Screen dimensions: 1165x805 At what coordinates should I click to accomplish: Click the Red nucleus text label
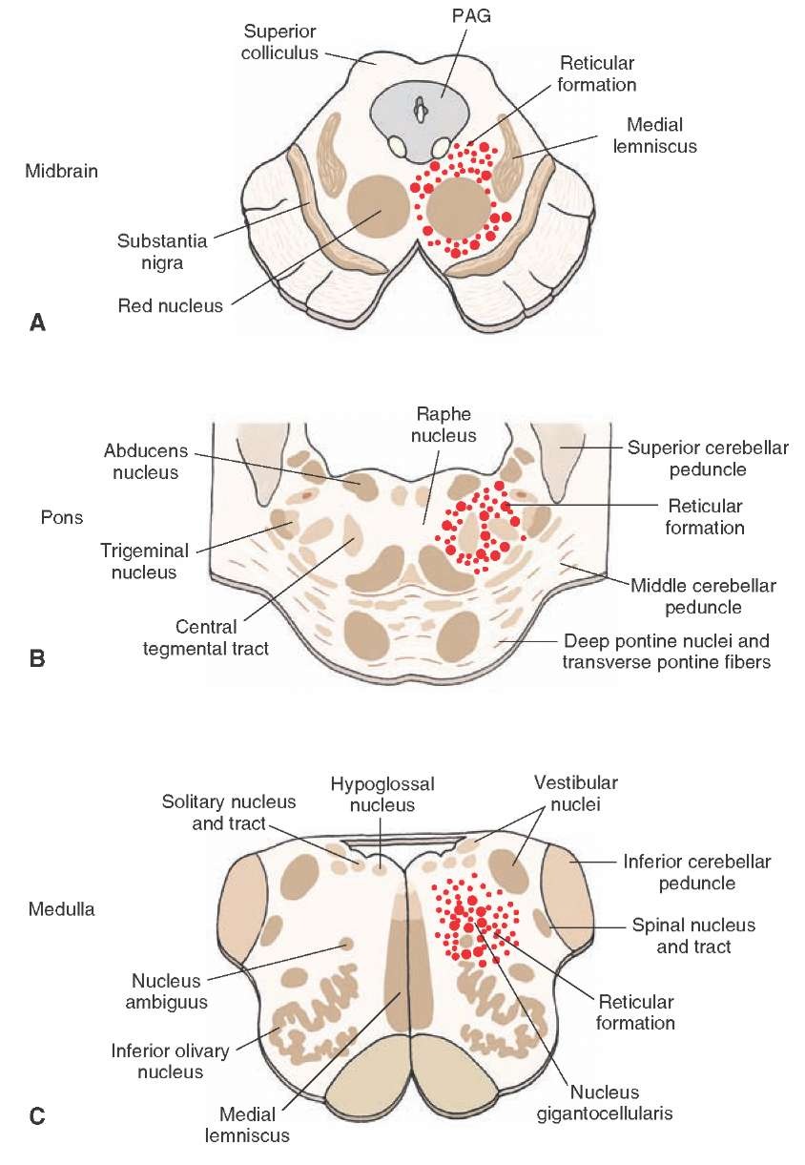coord(170,306)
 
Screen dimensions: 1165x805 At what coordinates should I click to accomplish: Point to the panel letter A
coord(37,322)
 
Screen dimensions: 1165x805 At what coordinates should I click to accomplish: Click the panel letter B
coord(37,656)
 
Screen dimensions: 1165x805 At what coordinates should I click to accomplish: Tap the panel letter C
coord(37,1113)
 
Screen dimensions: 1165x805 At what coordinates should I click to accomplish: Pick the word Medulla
coord(61,909)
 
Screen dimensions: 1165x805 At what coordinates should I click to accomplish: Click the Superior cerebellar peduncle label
coord(707,458)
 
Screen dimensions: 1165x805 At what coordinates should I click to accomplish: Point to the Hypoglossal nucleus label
coord(382,794)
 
